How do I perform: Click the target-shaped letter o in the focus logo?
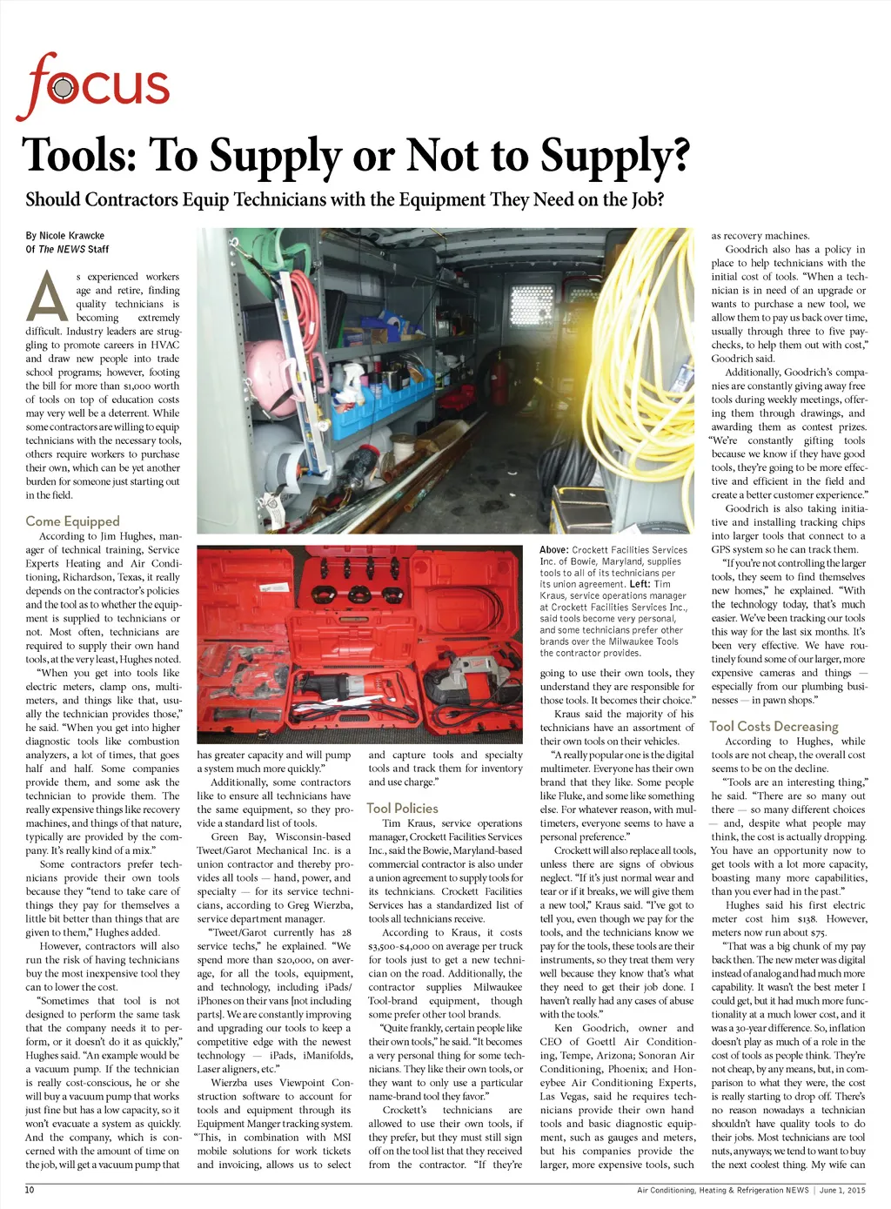point(63,88)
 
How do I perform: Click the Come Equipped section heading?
point(72,521)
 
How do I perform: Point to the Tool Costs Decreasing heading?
point(774,726)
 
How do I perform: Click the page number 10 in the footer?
point(30,1190)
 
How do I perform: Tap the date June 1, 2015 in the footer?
point(842,1190)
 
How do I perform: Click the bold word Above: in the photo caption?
point(553,550)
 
